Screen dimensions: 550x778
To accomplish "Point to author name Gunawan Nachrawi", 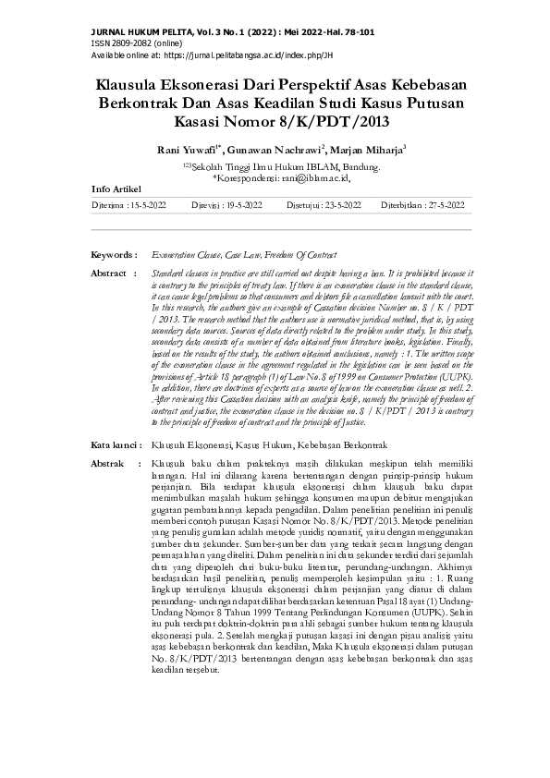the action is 277,147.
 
